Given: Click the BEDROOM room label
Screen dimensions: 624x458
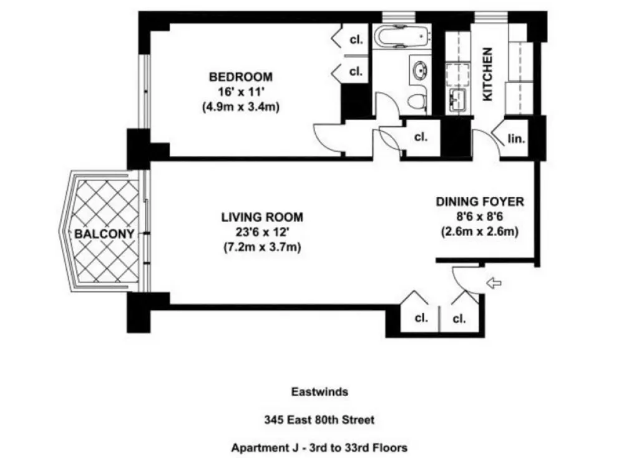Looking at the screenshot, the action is click(x=241, y=76).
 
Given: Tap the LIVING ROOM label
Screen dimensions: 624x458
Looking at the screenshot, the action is click(x=262, y=217).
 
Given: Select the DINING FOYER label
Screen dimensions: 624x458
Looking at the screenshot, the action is click(x=480, y=202).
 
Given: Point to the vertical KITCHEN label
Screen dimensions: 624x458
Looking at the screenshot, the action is click(x=487, y=74).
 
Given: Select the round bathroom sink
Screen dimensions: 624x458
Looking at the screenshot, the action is click(x=420, y=71).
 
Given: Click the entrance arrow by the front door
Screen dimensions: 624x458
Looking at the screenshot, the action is click(x=494, y=283).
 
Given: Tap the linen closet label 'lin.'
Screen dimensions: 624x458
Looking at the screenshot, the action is click(x=516, y=139).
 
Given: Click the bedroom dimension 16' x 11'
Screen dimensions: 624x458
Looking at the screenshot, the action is click(x=241, y=92).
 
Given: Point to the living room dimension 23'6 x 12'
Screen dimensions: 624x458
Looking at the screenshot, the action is click(x=262, y=232).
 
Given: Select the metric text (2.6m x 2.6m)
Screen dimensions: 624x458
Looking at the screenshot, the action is click(x=480, y=232).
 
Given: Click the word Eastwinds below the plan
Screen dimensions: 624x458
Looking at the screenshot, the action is click(x=319, y=392).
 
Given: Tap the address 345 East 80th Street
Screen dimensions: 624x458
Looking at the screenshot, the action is click(x=319, y=420).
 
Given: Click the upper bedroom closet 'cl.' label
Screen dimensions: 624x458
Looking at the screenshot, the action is click(x=356, y=40).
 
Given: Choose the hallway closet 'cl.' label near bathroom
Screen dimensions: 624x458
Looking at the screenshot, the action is click(x=421, y=137).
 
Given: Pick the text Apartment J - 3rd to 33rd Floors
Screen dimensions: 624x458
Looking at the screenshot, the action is click(x=319, y=447).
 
